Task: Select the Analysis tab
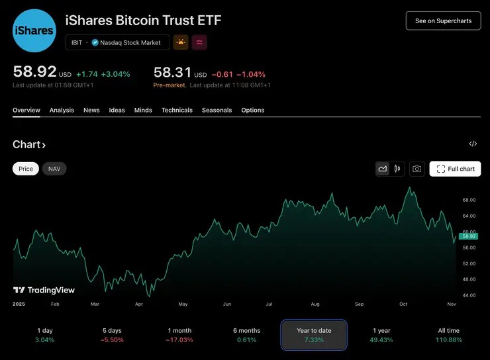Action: click(x=62, y=111)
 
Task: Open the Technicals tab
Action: click(x=177, y=111)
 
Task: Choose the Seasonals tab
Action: click(x=217, y=111)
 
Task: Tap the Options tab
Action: click(x=252, y=111)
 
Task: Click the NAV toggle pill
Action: click(x=54, y=169)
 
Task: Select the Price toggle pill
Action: click(x=26, y=169)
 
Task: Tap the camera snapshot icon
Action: click(x=416, y=169)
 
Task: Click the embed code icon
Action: click(x=473, y=144)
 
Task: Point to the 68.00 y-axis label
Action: click(x=469, y=200)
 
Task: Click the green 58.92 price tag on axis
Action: click(x=468, y=236)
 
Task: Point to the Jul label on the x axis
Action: click(x=269, y=304)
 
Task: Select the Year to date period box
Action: click(x=314, y=335)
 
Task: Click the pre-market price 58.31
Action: click(x=170, y=72)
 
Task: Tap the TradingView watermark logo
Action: click(x=44, y=290)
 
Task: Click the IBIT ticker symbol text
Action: click(x=77, y=42)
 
